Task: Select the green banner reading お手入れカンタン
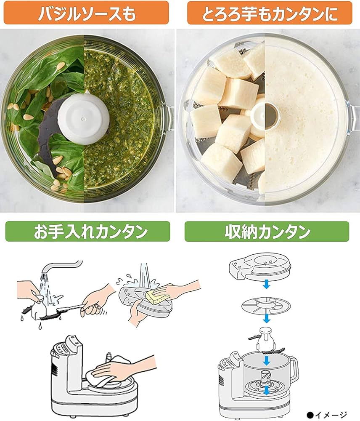[x=87, y=232]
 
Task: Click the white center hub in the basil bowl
[x=79, y=112]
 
